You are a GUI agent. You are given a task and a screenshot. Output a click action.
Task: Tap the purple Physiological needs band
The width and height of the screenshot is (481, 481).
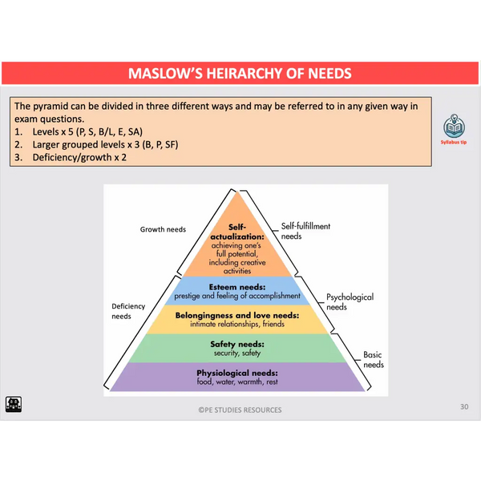[236, 377]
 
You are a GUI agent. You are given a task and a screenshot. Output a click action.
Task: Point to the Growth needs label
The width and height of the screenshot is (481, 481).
[163, 229]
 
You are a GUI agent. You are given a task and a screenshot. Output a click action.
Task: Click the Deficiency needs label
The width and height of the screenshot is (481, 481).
[121, 311]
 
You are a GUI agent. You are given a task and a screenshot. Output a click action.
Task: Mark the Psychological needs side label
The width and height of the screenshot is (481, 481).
[350, 301]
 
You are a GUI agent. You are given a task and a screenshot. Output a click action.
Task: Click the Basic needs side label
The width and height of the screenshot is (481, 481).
[373, 359]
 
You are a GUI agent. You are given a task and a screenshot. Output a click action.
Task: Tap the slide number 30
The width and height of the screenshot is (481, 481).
[463, 407]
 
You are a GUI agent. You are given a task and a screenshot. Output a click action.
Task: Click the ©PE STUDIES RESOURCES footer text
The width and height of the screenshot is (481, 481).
[240, 410]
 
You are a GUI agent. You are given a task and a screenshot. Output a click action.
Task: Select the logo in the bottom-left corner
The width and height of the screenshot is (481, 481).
[14, 404]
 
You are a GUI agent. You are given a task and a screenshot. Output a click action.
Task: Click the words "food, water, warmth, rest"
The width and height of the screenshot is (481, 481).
[236, 382]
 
